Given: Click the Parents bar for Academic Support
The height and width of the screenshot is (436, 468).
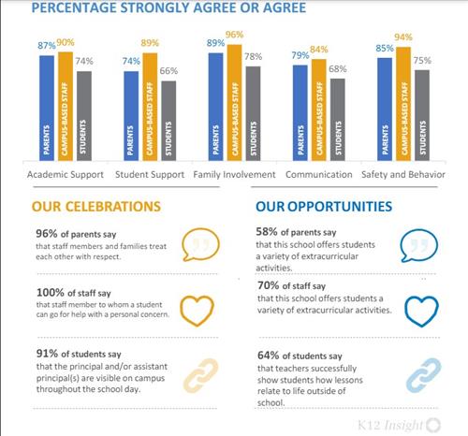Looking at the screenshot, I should pos(47,109).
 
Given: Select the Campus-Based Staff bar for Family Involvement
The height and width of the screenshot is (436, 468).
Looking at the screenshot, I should pos(234,103).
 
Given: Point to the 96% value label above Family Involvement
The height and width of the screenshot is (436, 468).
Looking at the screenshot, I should pos(235,36).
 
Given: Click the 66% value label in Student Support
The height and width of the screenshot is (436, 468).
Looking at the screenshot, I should pos(169,71).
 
